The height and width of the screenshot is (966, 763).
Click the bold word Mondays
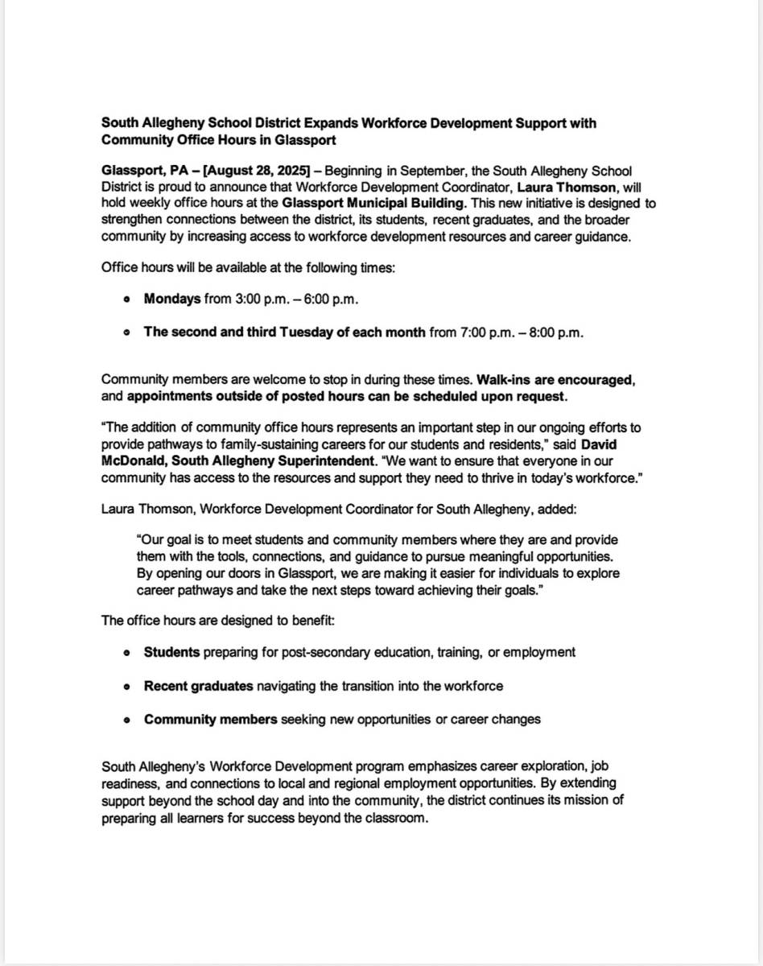pos(172,299)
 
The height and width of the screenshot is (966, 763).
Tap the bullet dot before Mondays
pos(126,299)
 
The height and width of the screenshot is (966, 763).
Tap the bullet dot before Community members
pos(126,720)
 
